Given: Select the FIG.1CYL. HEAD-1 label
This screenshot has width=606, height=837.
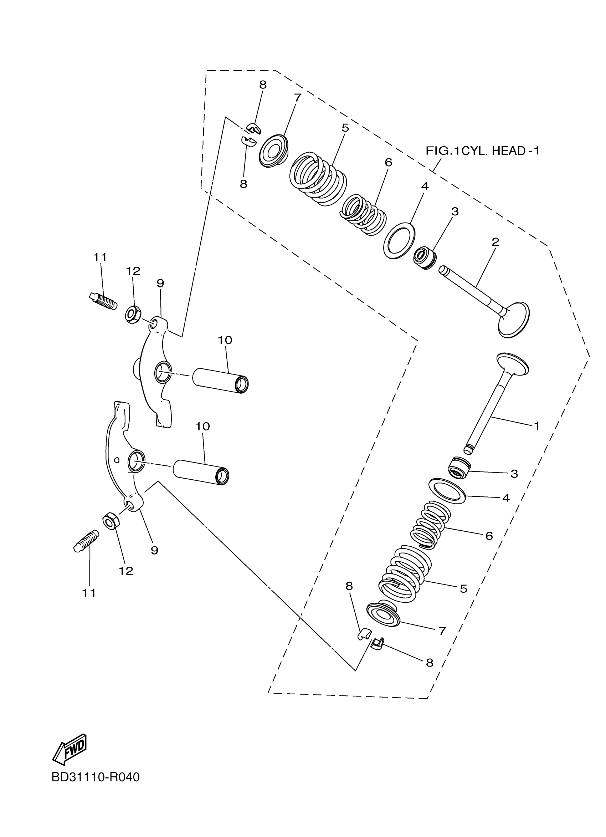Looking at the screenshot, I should tap(482, 150).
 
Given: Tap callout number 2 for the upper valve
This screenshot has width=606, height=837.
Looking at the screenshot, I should tap(495, 242).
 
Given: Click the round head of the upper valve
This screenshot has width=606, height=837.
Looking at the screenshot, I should tap(514, 320).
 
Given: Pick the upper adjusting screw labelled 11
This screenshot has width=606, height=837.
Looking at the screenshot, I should tap(103, 301).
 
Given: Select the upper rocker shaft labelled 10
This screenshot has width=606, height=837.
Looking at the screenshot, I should tap(221, 381).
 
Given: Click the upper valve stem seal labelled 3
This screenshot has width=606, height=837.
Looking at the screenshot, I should tap(425, 257).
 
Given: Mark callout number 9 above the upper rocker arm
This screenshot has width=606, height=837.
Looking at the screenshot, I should tap(160, 283).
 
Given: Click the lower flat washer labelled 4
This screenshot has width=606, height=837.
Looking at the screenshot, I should tap(447, 491).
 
